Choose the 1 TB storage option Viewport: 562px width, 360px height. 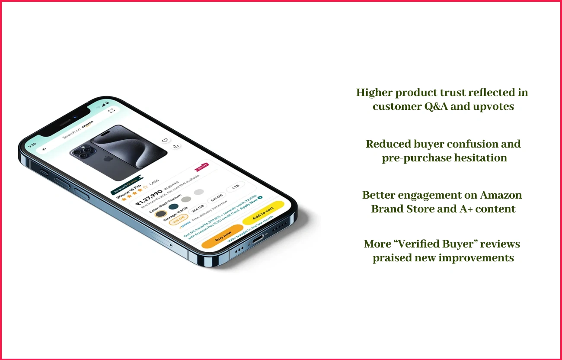[x=236, y=187]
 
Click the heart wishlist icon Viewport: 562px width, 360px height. [x=165, y=140]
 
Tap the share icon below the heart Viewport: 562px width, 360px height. [x=176, y=146]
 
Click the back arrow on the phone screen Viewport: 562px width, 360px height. [x=44, y=149]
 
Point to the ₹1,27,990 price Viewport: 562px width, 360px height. [x=149, y=197]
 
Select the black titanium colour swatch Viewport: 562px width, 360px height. [x=160, y=213]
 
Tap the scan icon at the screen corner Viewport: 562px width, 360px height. [x=112, y=110]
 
